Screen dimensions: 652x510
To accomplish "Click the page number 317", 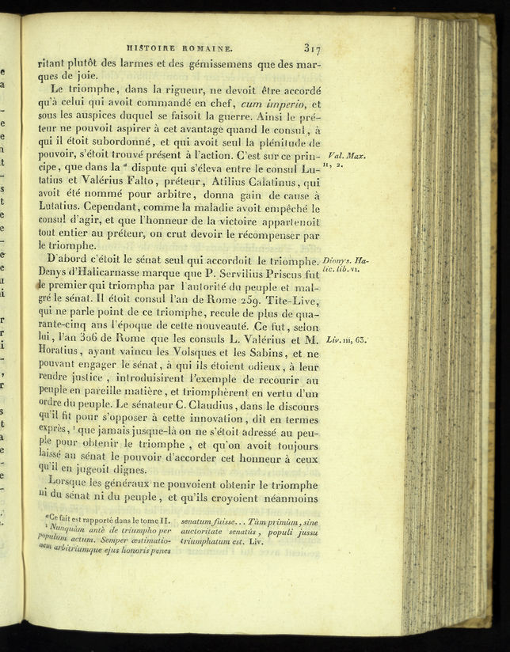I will tap(311, 47).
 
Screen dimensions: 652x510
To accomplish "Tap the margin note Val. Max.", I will tap(345, 156).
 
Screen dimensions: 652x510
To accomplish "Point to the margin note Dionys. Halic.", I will tap(345, 261).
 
